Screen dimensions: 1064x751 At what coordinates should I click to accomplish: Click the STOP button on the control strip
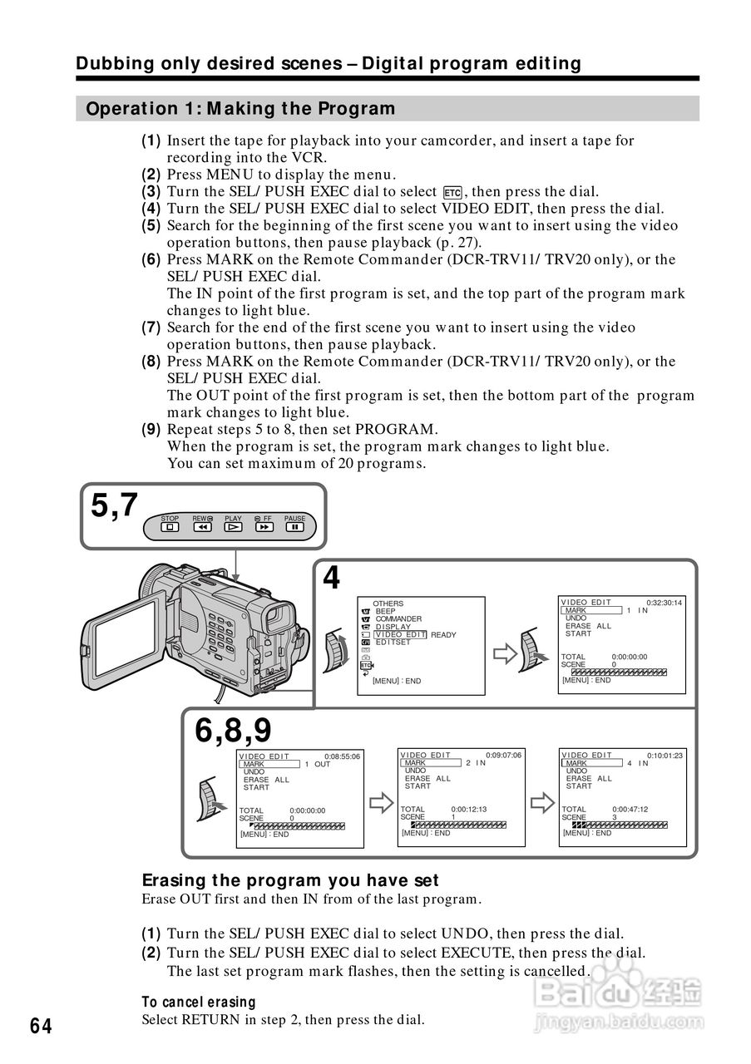170,526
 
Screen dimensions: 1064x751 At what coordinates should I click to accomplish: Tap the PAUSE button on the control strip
294,526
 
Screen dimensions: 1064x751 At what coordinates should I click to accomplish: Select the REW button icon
202,526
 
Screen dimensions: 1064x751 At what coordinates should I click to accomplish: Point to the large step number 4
331,578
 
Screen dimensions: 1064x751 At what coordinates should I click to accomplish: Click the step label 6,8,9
234,731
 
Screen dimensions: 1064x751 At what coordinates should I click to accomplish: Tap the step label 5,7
115,505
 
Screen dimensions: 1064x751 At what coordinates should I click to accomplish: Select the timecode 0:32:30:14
665,603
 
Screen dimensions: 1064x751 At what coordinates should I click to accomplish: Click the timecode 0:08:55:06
342,756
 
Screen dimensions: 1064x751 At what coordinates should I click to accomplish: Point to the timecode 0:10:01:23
665,756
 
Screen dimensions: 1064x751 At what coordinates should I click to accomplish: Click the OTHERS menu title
388,603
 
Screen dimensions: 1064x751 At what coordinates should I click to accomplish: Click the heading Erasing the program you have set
290,880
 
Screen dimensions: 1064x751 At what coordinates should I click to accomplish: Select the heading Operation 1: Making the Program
240,109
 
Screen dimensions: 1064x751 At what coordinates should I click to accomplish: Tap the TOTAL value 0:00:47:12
630,809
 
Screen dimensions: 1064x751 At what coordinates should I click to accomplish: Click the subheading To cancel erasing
199,1002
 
